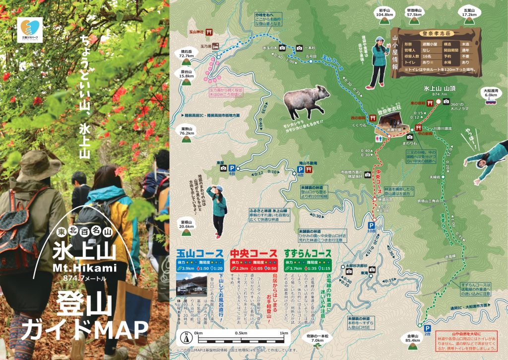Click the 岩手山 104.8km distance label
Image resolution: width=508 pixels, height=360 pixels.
(x=384, y=12)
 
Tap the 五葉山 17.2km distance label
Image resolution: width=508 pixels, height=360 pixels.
(x=469, y=12)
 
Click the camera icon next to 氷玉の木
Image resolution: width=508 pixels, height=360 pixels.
(x=282, y=48)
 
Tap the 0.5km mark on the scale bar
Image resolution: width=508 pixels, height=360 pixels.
(x=241, y=333)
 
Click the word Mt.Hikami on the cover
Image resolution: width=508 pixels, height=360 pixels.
(x=85, y=269)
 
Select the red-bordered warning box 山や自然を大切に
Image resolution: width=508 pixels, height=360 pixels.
(x=470, y=342)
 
